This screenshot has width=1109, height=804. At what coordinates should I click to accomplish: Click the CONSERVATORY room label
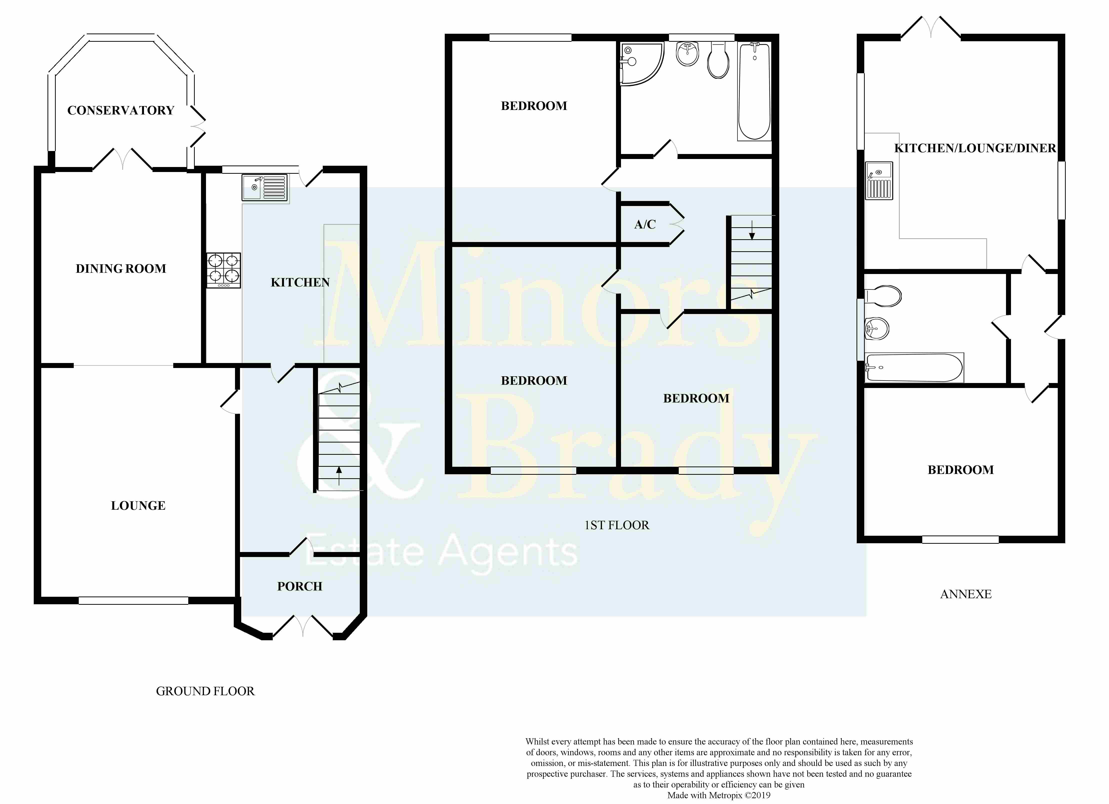tap(121, 110)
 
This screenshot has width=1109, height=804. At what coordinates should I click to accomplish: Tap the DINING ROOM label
tap(121, 268)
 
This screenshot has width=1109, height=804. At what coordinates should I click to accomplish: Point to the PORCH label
tap(300, 586)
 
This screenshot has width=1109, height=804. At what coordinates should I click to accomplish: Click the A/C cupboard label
tap(645, 224)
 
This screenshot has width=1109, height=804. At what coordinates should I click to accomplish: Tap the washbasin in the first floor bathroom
tap(687, 54)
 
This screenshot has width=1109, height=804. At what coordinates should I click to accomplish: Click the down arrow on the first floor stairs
tap(752, 230)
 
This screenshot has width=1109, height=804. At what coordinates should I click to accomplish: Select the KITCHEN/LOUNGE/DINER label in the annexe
tap(975, 148)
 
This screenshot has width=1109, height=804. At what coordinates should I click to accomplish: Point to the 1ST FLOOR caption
tap(617, 525)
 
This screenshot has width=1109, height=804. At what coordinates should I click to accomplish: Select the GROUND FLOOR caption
tap(205, 691)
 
